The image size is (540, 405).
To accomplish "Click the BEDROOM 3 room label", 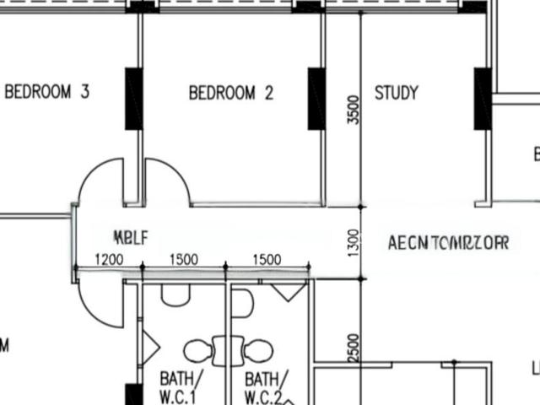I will [x=47, y=92].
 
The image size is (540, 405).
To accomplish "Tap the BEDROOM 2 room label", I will [x=230, y=93].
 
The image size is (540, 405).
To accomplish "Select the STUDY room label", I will [x=396, y=93].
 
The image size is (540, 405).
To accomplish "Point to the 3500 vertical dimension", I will [x=354, y=110].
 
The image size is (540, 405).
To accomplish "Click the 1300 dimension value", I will [x=354, y=242].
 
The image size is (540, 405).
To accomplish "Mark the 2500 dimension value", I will [x=354, y=347].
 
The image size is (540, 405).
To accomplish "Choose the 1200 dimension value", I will [x=109, y=259].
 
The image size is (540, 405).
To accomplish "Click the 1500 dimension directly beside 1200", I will [x=184, y=259].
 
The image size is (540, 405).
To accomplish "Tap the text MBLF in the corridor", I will [x=131, y=237].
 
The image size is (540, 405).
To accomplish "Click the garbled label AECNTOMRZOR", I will [x=448, y=243].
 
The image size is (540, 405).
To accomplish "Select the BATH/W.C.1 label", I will [x=178, y=386].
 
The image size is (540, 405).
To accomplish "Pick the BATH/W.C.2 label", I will [x=264, y=386].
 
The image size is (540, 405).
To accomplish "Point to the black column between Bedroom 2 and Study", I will [x=316, y=99].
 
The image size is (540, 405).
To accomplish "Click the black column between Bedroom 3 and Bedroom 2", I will [x=133, y=99].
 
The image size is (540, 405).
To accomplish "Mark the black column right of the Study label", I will [x=483, y=99].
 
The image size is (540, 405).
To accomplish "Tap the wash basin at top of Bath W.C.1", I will [x=175, y=294].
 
